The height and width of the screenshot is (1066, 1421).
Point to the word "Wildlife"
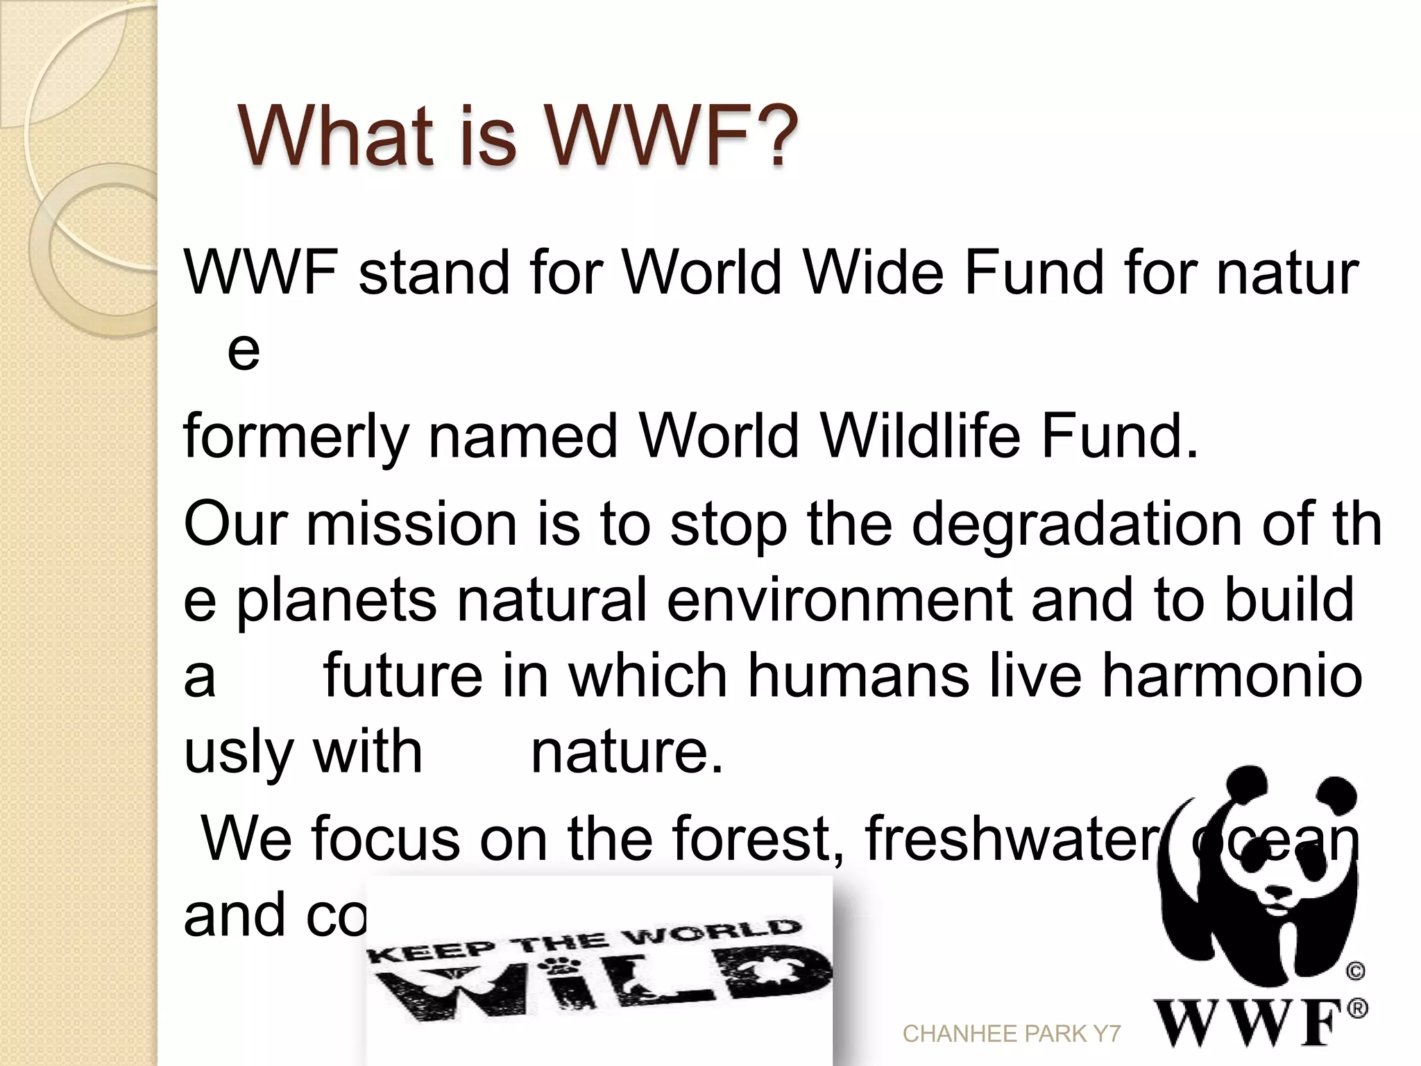[919, 437]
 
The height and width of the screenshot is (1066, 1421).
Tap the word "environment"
[840, 600]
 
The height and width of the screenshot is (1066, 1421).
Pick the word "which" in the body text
[648, 676]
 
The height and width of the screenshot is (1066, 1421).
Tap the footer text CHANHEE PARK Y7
[1012, 1034]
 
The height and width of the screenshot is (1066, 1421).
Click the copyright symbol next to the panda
[1355, 972]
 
